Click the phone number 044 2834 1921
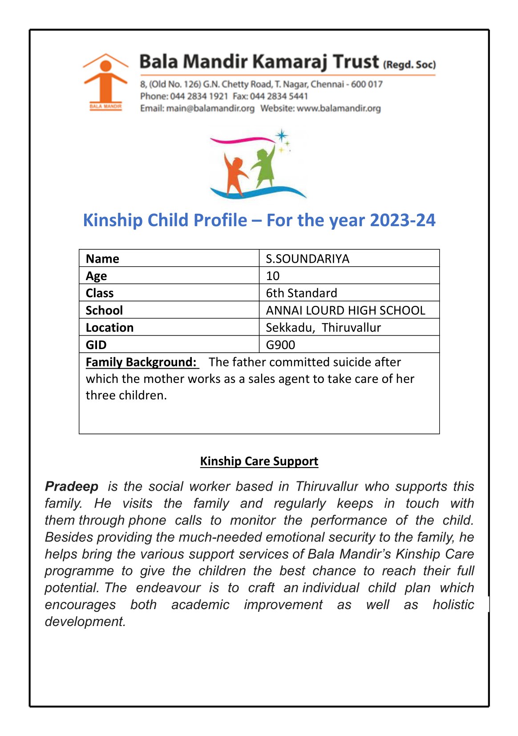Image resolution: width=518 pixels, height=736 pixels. tap(199, 96)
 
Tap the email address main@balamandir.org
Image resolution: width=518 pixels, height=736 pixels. tap(210, 108)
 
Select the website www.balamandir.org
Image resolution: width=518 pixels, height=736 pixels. tap(339, 108)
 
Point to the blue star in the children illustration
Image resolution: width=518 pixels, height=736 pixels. tap(282, 135)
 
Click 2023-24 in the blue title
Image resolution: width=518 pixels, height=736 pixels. tap(402, 220)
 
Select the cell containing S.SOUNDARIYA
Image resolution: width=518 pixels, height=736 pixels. tap(308, 259)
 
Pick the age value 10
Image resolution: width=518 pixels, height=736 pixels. tap(273, 276)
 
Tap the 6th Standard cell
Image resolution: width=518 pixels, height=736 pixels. tap(301, 293)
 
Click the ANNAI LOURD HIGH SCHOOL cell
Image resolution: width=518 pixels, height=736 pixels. tap(345, 310)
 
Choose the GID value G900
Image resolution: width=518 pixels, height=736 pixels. tap(280, 345)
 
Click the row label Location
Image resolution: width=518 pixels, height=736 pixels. tap(109, 328)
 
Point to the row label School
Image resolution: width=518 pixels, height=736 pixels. tap(104, 310)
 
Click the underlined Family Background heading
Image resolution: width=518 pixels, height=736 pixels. tap(141, 362)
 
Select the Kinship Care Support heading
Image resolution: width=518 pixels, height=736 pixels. tap(259, 461)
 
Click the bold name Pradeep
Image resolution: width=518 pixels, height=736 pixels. tap(72, 487)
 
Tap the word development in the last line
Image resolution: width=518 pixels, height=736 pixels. tap(85, 622)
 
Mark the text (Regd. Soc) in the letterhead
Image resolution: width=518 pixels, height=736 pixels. tap(409, 65)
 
